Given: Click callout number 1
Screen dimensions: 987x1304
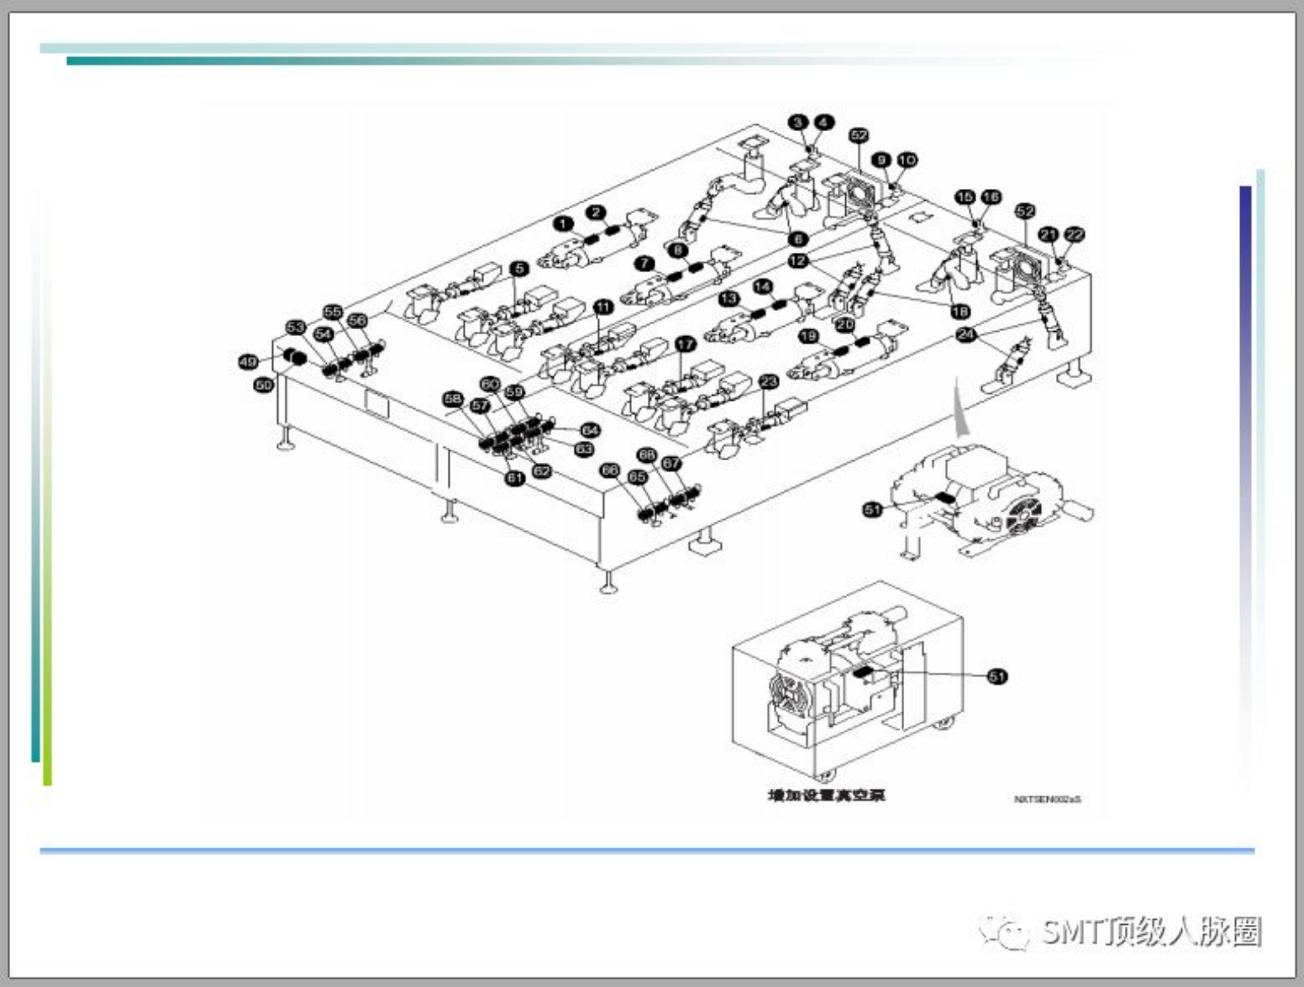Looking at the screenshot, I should click(564, 224).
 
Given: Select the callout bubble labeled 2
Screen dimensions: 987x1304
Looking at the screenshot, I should click(596, 212).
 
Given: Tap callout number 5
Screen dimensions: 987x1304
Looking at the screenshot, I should click(519, 269).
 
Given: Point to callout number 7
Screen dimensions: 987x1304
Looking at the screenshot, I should click(645, 264).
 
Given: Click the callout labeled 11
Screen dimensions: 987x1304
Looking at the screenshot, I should click(603, 307).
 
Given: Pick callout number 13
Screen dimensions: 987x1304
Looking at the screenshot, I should click(728, 299).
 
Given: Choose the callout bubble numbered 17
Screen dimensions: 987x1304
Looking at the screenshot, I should click(685, 344).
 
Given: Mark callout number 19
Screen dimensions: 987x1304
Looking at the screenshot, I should click(808, 336).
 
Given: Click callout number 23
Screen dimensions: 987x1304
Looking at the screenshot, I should click(769, 382).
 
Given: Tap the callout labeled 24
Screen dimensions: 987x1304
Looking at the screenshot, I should click(966, 334).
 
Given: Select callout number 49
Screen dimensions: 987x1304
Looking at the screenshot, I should click(248, 362).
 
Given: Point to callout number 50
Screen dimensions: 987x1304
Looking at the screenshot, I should click(264, 385).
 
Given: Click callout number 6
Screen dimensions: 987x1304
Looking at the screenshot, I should click(798, 239).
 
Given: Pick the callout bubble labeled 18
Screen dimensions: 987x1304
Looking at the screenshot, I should click(960, 311).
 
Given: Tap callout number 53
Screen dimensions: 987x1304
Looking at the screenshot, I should click(295, 328).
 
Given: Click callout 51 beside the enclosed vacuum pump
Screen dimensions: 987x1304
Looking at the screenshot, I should click(997, 677).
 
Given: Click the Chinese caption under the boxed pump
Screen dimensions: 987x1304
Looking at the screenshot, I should click(826, 795).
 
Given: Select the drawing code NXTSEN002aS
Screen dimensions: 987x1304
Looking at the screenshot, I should click(1047, 800).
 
